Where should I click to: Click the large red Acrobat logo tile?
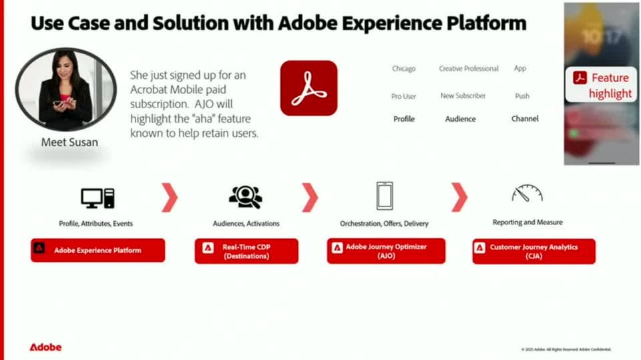(x=308, y=88)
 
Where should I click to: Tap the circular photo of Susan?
(x=65, y=88)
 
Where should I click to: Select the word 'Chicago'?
(x=403, y=69)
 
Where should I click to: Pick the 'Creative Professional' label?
(x=469, y=69)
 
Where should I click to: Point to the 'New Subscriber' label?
(x=463, y=96)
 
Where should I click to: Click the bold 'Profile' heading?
(x=403, y=119)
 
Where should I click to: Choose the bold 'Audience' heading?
(x=460, y=119)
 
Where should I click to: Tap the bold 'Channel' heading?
(x=525, y=119)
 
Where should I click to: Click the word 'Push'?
(x=522, y=96)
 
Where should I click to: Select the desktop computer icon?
(x=97, y=198)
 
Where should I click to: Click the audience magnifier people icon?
(x=245, y=197)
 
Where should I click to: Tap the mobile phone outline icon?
(x=384, y=196)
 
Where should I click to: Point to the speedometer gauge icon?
(x=527, y=194)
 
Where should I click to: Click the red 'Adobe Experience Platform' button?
(x=97, y=250)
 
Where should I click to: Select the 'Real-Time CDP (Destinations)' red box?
(x=246, y=251)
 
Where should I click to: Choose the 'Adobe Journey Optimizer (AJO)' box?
(x=386, y=251)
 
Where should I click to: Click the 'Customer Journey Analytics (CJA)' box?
(x=533, y=251)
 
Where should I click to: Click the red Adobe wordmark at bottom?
(x=45, y=347)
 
